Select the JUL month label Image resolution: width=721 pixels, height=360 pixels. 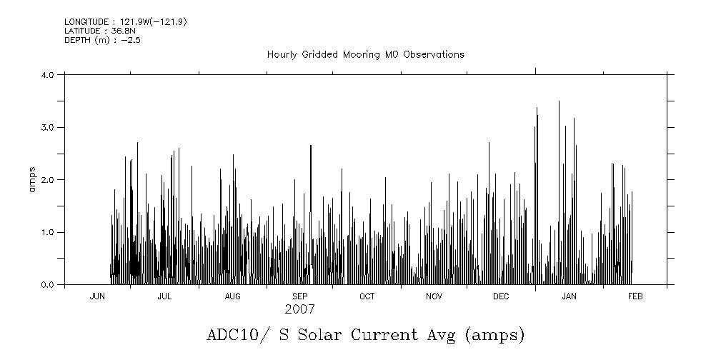pyautogui.click(x=164, y=296)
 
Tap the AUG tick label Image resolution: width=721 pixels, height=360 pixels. pyautogui.click(x=232, y=296)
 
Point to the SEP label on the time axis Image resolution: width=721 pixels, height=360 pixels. pyautogui.click(x=299, y=296)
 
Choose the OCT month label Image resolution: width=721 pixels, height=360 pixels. pyautogui.click(x=367, y=296)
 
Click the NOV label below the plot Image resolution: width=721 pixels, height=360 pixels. pyautogui.click(x=434, y=296)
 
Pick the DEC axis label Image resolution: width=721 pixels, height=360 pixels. pyautogui.click(x=501, y=296)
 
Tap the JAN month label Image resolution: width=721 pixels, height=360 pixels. pyautogui.click(x=569, y=296)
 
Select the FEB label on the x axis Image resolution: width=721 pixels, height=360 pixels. pyautogui.click(x=635, y=296)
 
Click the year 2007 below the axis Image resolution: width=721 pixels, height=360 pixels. pyautogui.click(x=299, y=310)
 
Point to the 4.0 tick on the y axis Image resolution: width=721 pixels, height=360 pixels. pyautogui.click(x=48, y=75)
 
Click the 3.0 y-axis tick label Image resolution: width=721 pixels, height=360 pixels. pyautogui.click(x=48, y=127)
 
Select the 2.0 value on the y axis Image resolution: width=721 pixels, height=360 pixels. pyautogui.click(x=48, y=180)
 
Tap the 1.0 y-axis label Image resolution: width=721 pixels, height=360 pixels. pyautogui.click(x=48, y=233)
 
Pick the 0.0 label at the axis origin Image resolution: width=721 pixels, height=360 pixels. pyautogui.click(x=48, y=285)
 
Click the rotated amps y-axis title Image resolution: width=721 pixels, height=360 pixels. pyautogui.click(x=31, y=179)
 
